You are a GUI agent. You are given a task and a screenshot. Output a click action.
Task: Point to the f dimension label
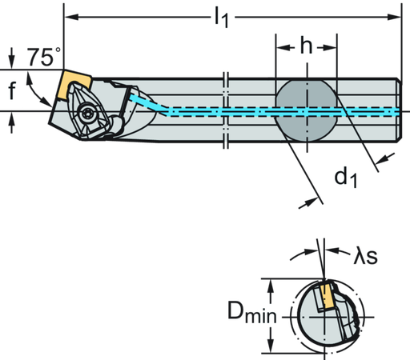click(x=12, y=92)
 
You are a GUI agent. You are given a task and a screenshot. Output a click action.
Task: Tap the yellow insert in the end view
click(x=326, y=298)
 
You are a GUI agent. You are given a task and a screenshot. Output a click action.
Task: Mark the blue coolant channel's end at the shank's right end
click(x=394, y=110)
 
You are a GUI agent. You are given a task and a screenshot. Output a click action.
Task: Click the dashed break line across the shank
click(x=227, y=110)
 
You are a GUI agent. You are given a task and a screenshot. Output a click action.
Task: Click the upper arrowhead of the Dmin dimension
click(x=271, y=282)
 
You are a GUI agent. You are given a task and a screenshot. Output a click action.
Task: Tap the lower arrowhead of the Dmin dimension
click(x=271, y=349)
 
